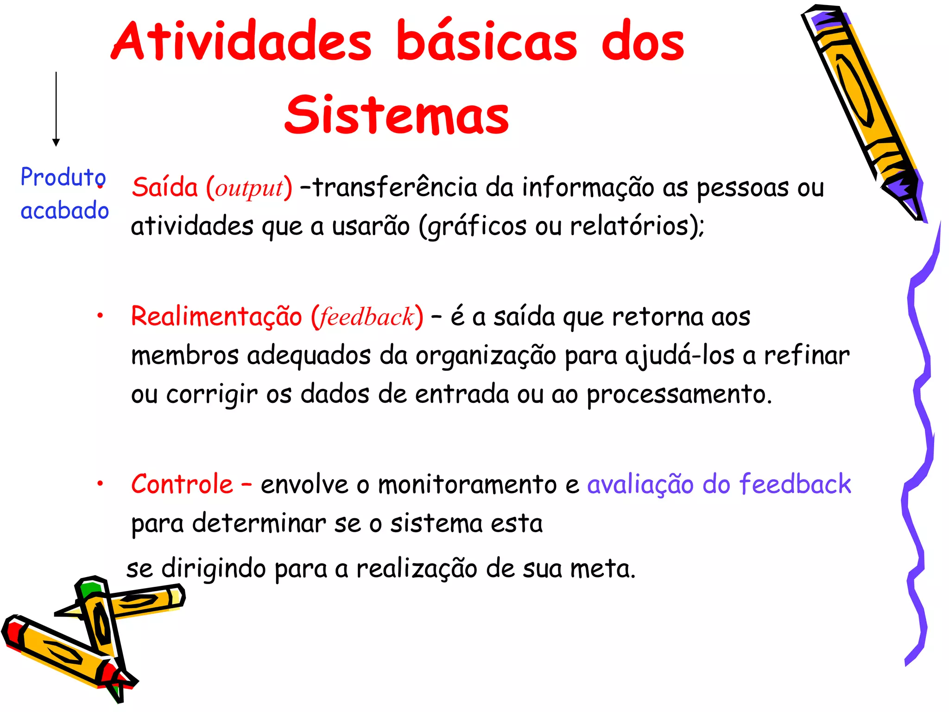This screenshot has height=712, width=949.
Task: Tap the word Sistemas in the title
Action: [397, 114]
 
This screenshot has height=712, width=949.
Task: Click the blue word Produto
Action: [63, 177]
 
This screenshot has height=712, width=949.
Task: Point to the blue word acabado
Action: [65, 210]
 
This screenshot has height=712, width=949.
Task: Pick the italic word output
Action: [249, 188]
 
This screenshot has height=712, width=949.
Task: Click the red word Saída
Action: [164, 187]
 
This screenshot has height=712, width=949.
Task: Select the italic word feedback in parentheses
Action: [367, 317]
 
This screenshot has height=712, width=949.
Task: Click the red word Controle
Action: [182, 484]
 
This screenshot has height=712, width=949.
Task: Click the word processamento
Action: [679, 395]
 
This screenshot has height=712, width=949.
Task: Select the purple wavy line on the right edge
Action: [920, 440]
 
